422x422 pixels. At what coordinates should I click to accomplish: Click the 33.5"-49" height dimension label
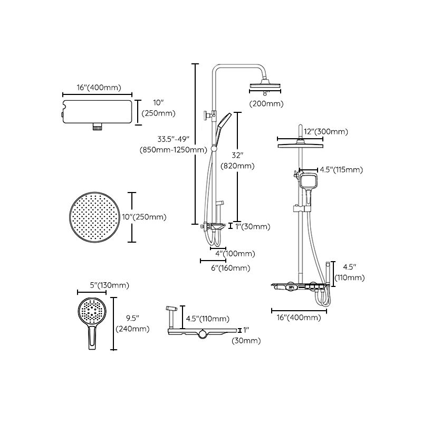(174, 139)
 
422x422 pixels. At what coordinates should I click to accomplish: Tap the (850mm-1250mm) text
(174, 150)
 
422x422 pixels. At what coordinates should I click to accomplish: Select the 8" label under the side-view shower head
(265, 93)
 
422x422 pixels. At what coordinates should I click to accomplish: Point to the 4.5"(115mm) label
(342, 170)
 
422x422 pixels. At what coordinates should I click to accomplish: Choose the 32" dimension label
(237, 155)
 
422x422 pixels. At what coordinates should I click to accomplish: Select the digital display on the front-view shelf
(291, 289)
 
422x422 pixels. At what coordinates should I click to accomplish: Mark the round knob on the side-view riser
(205, 115)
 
